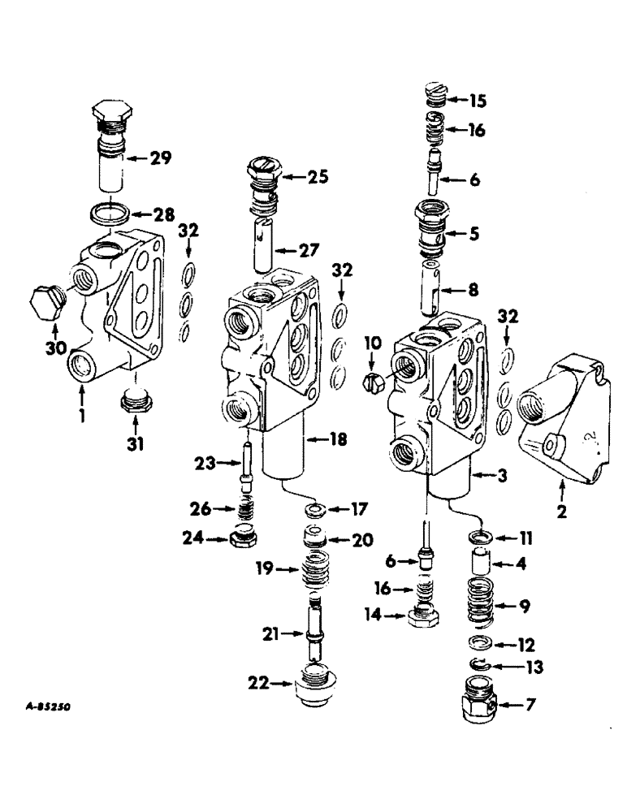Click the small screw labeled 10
(x=372, y=381)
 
